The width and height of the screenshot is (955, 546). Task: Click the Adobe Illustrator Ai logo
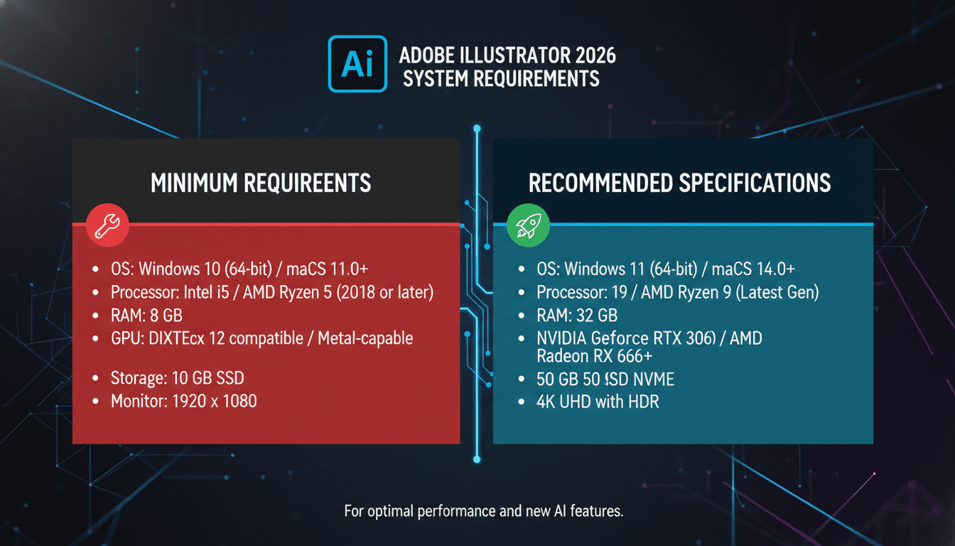point(357,64)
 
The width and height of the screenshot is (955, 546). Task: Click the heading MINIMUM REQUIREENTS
point(261,183)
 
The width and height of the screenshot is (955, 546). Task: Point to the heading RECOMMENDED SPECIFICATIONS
point(679,183)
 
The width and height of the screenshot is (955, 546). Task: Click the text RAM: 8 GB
point(146,315)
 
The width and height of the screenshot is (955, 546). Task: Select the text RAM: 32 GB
point(576,315)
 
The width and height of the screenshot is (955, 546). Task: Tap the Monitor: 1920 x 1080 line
point(183,401)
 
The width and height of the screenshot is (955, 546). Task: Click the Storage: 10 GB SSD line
point(178,378)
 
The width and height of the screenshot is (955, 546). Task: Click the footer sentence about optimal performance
point(483,511)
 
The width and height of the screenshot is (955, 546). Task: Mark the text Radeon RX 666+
point(596,356)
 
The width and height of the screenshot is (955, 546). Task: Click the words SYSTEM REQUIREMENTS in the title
point(501,77)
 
